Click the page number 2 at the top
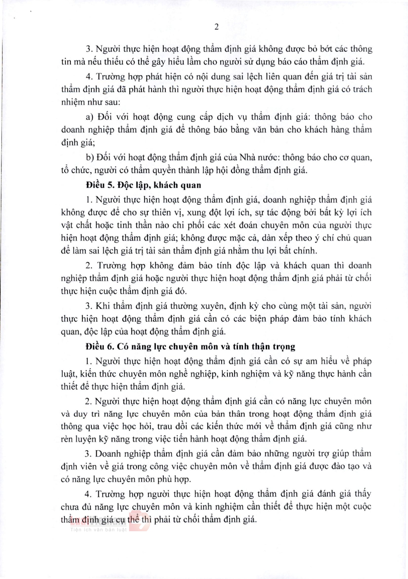pos(216,27)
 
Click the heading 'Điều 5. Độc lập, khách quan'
pos(143,185)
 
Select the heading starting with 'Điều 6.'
pos(190,346)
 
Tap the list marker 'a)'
pos(90,117)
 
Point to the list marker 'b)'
pos(90,158)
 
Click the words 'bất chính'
pos(301,251)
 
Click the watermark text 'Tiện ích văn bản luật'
pos(98,530)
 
